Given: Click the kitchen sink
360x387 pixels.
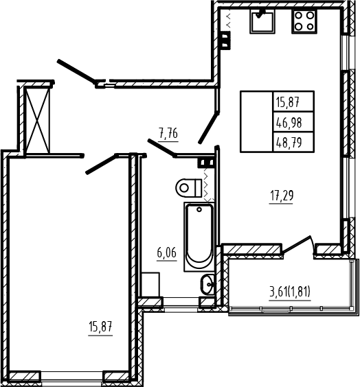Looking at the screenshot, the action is [262, 21].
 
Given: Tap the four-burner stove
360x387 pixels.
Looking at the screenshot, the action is [304, 21].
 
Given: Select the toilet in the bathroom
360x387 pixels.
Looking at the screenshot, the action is [189, 188].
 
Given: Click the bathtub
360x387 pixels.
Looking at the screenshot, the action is [199, 237].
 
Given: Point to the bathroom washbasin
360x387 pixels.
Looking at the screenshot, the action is [207, 284].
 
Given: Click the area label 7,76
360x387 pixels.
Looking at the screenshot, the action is [168, 134].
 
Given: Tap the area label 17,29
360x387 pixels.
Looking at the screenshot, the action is [282, 196].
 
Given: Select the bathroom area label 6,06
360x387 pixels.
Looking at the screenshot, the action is [167, 253].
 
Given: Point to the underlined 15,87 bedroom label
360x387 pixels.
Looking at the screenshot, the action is [100, 327].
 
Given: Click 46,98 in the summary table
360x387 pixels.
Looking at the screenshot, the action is [289, 122].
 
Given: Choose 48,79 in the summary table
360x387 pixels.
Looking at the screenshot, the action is [289, 143].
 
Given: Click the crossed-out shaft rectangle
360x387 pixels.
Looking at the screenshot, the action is [38, 120].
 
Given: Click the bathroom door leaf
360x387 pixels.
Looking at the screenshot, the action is [162, 148].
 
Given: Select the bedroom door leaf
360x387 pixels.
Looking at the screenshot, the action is [101, 164].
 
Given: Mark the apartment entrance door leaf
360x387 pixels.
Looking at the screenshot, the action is [76, 72].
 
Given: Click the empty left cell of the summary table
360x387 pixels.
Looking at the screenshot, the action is [257, 121].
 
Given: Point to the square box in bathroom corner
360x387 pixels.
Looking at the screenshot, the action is [150, 285].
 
